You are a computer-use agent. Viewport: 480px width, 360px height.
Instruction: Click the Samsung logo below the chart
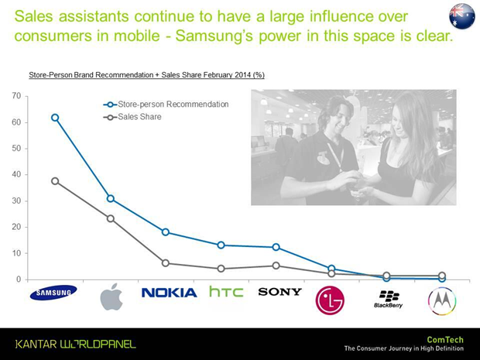point(53,293)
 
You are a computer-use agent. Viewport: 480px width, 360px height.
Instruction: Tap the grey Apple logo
point(111,297)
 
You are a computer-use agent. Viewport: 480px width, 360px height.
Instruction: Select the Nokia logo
point(169,293)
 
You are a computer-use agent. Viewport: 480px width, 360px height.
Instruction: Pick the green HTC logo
point(226,291)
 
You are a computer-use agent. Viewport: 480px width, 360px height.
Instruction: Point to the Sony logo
point(279,292)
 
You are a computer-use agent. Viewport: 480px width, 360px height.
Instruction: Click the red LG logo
point(330,300)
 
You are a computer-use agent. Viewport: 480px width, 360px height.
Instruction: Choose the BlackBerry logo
point(388,299)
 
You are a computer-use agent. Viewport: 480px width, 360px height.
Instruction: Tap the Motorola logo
point(442,301)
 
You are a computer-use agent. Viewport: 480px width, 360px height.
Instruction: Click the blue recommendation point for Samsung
point(55,118)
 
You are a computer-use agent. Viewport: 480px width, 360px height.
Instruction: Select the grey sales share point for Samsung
point(55,181)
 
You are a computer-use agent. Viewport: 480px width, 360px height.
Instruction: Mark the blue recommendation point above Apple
point(111,199)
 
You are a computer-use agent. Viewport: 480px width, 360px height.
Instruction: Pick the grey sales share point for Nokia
point(166,263)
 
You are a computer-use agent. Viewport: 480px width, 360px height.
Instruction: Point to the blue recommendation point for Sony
point(276,247)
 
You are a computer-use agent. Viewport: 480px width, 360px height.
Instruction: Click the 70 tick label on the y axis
point(16,96)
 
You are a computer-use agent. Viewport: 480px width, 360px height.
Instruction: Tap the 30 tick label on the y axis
point(16,201)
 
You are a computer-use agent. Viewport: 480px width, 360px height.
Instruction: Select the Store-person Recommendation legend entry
point(166,105)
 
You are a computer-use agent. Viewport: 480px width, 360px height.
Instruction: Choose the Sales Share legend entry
point(132,117)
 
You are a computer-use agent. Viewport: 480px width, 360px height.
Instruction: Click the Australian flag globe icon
point(462,16)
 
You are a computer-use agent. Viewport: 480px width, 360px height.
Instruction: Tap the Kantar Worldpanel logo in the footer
point(76,344)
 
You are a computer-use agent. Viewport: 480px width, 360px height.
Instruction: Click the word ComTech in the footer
point(445,340)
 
